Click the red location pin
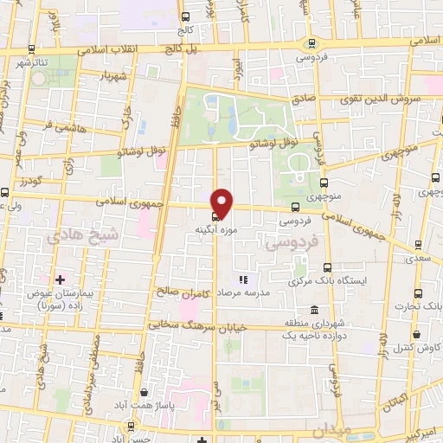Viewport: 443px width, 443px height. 222,202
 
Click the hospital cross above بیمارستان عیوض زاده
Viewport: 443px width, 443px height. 60,279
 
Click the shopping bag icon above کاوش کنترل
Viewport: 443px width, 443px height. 417,333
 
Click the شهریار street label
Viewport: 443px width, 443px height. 114,75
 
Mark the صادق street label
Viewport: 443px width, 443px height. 304,100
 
